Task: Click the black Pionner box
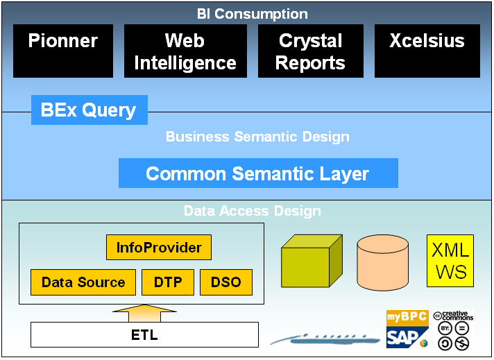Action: pyautogui.click(x=63, y=51)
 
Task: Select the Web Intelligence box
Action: pyautogui.click(x=185, y=51)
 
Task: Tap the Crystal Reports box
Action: pyautogui.click(x=311, y=51)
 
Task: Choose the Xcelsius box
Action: pyautogui.click(x=427, y=51)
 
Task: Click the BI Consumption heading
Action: pyautogui.click(x=253, y=14)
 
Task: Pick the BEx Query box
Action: pyautogui.click(x=90, y=110)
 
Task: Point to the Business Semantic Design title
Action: pyautogui.click(x=257, y=137)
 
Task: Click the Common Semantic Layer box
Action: pyautogui.click(x=258, y=173)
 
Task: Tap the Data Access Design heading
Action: pyautogui.click(x=253, y=211)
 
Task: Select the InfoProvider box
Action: pyautogui.click(x=159, y=248)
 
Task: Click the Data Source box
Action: pyautogui.click(x=83, y=282)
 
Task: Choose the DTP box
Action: pyautogui.click(x=168, y=282)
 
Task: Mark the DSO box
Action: pyautogui.click(x=225, y=282)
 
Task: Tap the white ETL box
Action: pyautogui.click(x=144, y=335)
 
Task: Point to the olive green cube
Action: pyautogui.click(x=311, y=262)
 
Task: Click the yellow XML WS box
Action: pyautogui.click(x=450, y=261)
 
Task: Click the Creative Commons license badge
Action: pyautogui.click(x=452, y=330)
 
